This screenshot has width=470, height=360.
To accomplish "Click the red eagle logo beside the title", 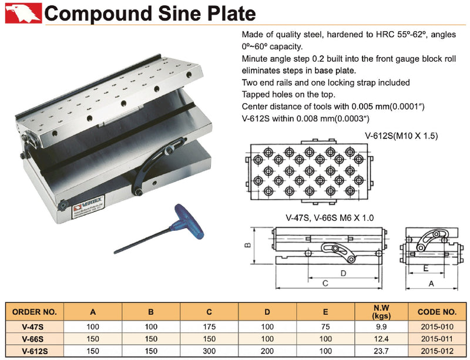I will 23,12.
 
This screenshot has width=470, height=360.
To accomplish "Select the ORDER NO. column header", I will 35,311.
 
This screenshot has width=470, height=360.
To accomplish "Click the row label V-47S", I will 35,327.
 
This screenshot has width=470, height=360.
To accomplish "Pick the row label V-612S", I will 35,350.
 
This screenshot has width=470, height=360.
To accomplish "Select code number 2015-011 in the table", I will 437,338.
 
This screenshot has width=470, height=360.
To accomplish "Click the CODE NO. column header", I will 437,311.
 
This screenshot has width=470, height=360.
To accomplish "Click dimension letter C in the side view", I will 325,283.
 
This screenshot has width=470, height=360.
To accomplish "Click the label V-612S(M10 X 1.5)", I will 401,136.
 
